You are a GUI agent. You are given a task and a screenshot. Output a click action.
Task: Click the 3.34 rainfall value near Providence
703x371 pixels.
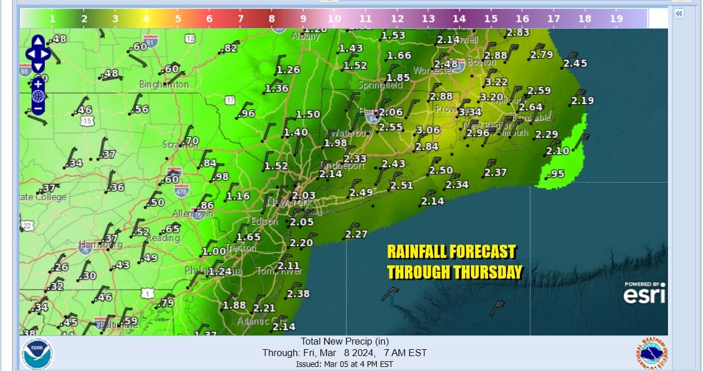[470, 112]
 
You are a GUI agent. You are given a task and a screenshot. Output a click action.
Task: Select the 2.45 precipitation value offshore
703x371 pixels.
[575, 64]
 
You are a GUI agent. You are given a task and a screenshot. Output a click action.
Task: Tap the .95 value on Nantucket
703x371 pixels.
[557, 174]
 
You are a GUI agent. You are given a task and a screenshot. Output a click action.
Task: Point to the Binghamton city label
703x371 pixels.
[164, 84]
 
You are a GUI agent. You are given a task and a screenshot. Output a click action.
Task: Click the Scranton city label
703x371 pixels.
[179, 145]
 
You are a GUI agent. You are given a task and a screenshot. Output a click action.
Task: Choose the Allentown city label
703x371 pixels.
[193, 214]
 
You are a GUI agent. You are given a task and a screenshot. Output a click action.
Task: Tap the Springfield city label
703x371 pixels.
[380, 85]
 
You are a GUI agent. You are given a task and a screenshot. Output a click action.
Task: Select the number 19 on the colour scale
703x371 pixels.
[616, 19]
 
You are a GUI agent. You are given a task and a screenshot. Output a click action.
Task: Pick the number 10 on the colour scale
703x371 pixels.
[334, 19]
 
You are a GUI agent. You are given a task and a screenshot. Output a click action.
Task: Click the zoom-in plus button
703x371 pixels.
[37, 84]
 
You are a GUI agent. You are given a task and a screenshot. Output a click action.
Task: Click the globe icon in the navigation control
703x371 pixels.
[38, 95]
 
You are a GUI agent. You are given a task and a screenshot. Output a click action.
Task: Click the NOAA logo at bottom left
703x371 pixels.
[37, 353]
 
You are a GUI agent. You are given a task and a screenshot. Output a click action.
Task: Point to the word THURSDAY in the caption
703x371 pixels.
[488, 272]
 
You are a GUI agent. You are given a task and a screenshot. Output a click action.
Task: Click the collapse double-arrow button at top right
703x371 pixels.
[678, 14]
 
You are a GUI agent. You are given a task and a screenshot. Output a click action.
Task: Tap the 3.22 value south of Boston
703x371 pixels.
[497, 82]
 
